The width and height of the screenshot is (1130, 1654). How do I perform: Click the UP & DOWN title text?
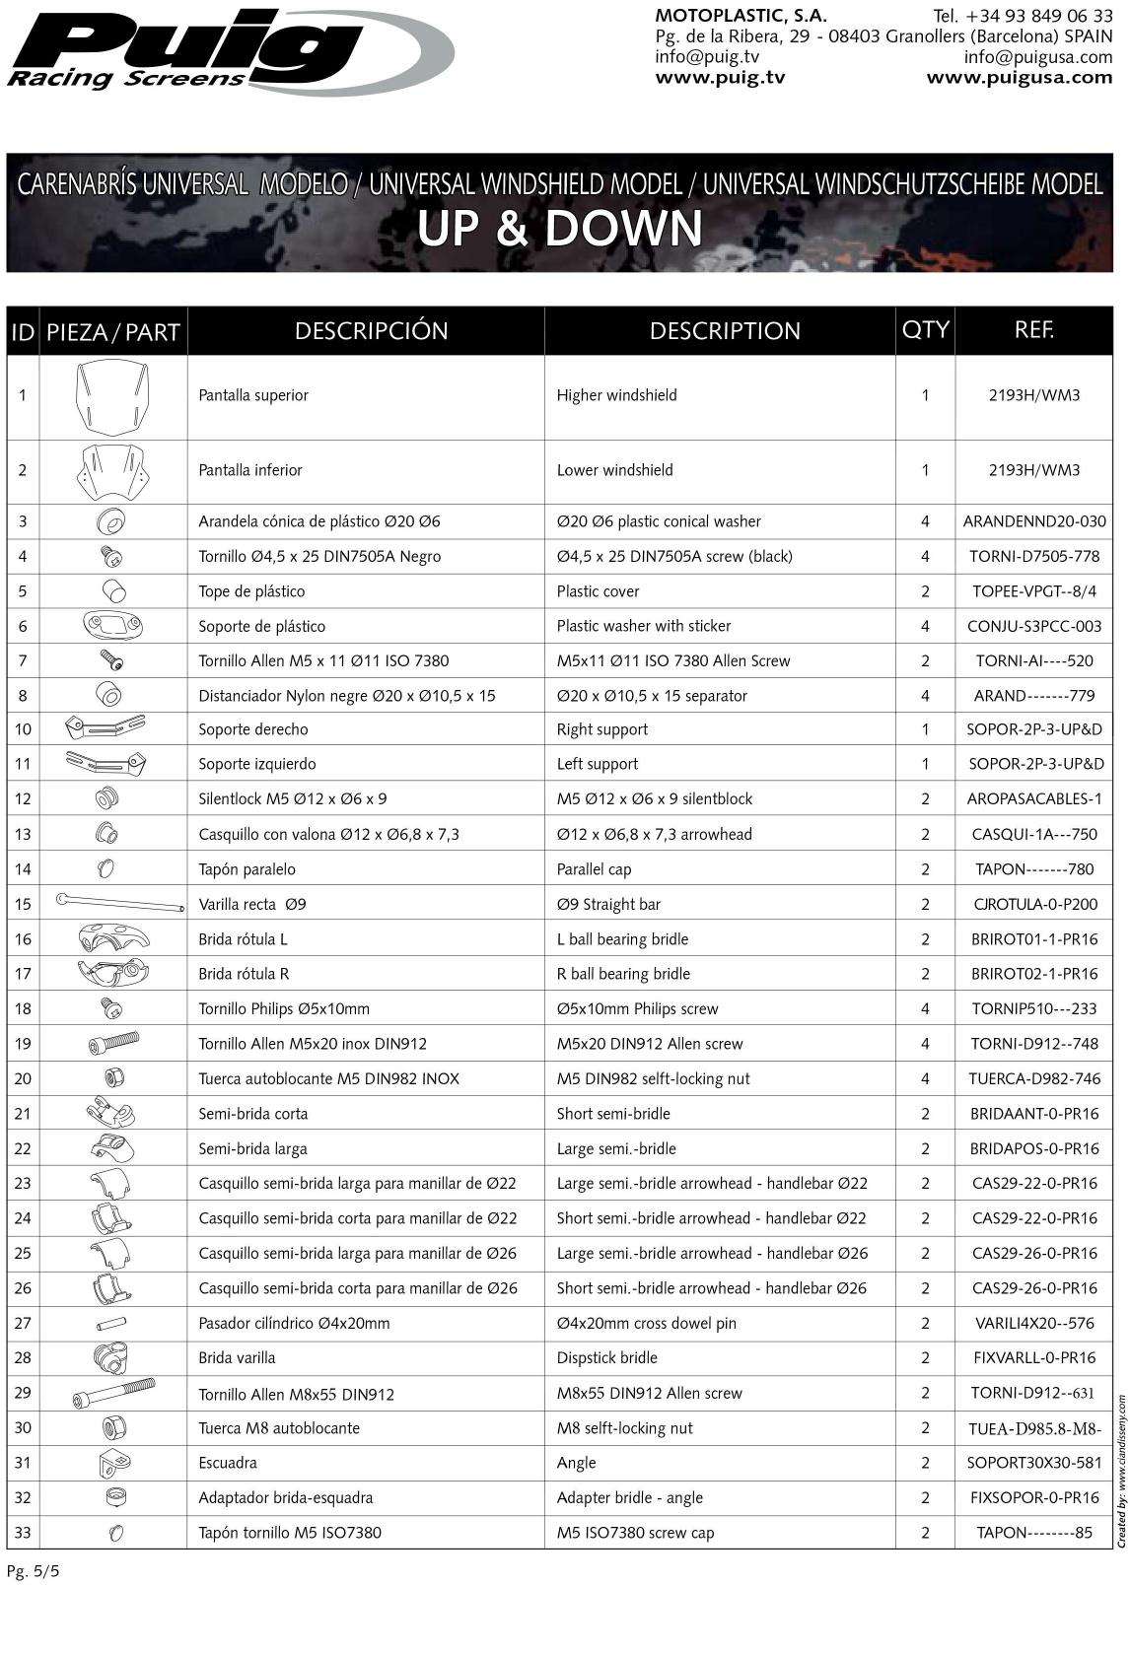tap(559, 229)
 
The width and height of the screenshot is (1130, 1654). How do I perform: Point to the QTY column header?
tap(925, 330)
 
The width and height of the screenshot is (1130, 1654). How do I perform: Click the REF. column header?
tap(1033, 330)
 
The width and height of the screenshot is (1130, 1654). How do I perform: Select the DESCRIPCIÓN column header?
tap(371, 331)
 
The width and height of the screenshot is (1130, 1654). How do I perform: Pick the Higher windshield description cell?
tap(616, 395)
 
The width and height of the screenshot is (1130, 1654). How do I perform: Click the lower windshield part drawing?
tap(112, 470)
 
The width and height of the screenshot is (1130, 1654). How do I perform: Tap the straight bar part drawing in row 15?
tap(120, 903)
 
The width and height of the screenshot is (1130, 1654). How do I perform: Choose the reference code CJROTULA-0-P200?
tap(1033, 904)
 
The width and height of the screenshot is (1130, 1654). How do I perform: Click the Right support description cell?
tap(601, 729)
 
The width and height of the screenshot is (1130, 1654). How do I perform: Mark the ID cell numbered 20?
tap(23, 1078)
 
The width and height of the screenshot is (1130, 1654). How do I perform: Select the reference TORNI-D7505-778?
tap(1033, 557)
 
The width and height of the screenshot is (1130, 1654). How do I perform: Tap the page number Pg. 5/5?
tap(34, 1571)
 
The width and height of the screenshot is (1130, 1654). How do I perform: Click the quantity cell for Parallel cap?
tap(925, 869)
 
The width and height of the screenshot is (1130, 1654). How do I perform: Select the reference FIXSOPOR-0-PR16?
tap(1033, 1497)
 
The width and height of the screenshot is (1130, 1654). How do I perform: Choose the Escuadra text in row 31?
tap(228, 1463)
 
